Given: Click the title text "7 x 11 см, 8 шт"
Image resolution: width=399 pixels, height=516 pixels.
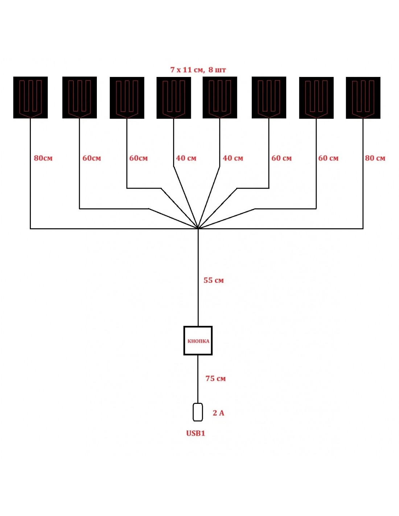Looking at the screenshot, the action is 198,70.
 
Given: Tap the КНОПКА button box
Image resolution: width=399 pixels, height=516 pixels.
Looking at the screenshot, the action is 198,341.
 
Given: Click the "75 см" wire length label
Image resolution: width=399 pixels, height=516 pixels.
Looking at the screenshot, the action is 215,378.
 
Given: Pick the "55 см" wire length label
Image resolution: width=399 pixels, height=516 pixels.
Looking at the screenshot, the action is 214,280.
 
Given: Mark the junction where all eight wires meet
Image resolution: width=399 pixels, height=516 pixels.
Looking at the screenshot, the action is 198,229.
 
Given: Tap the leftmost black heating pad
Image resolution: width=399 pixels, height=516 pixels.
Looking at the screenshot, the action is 30,97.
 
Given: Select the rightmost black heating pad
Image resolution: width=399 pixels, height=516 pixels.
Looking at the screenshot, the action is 363,98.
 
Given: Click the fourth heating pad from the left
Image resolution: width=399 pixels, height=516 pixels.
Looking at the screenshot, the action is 174,98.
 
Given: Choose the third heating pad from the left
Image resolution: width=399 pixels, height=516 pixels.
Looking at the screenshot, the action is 127,98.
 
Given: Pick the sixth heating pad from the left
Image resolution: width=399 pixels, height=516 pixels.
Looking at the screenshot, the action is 269,97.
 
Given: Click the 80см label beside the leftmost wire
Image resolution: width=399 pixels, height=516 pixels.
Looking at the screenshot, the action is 43,158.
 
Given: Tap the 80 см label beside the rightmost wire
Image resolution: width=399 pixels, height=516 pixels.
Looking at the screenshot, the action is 375,158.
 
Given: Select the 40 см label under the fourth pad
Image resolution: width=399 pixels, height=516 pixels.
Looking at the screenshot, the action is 186,158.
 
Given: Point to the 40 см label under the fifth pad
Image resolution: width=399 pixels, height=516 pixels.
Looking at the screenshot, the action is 233,158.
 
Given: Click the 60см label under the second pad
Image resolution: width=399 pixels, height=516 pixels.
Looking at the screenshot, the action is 92,158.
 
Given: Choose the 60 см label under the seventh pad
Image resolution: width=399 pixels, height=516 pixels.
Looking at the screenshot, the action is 328,158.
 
